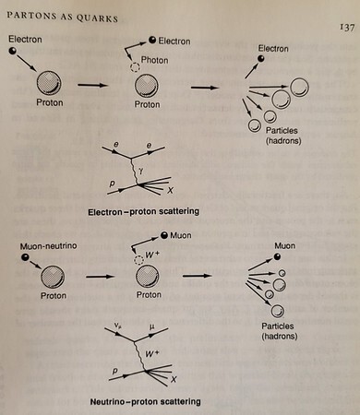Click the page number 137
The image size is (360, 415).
coord(347,28)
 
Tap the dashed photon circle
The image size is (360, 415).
coord(135,67)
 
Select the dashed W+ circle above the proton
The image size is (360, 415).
coord(139,260)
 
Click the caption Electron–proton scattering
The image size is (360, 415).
coord(143,211)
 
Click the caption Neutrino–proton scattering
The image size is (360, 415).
coord(145,401)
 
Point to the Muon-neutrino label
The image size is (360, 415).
coord(48,246)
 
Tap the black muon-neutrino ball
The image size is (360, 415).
coord(25,257)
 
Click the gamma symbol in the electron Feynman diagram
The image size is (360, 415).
coord(140,172)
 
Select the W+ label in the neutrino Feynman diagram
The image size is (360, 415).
coord(152,353)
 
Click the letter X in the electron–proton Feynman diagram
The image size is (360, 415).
coord(170,190)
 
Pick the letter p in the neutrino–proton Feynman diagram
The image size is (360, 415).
coord(114,372)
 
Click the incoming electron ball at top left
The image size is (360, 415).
coord(13,51)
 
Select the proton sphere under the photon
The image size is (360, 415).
coord(147,86)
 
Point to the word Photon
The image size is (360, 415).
coord(154,60)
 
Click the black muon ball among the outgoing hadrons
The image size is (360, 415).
coord(277,256)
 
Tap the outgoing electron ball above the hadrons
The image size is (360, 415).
coord(261,58)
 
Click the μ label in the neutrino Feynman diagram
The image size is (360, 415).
coord(151,326)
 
